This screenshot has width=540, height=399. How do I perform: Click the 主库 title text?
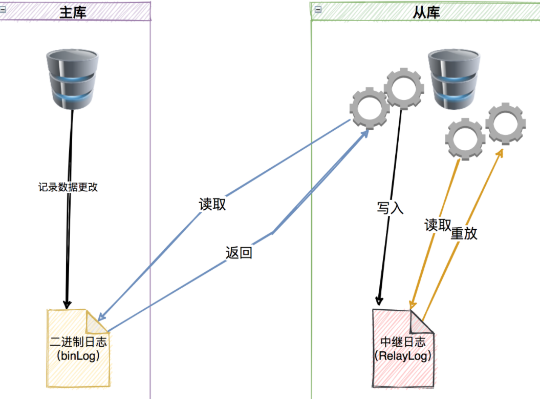73,12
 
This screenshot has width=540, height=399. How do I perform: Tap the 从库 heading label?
426,13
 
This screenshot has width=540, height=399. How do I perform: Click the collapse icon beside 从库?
318,10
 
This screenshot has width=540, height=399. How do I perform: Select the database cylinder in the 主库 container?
72,79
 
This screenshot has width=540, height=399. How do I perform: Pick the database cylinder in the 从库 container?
454,79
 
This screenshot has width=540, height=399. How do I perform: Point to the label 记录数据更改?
68,187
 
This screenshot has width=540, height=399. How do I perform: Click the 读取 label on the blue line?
212,204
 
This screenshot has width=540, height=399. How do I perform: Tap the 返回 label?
239,253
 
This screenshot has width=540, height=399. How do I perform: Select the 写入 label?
390,208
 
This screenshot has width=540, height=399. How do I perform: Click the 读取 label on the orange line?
438,225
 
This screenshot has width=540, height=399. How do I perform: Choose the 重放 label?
464,233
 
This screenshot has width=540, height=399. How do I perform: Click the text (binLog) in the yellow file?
78,355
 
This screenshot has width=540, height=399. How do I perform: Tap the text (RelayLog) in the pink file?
403,355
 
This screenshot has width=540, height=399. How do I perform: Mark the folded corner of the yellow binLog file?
96,323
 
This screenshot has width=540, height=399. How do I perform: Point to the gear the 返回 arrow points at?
370,108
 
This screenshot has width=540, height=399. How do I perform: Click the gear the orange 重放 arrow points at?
505,123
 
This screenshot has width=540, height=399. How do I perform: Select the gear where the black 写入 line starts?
404,89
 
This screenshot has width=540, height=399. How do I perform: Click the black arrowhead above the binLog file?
67,304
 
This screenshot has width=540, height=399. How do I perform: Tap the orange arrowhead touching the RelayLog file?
413,305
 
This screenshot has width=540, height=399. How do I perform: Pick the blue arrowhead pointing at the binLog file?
101,316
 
